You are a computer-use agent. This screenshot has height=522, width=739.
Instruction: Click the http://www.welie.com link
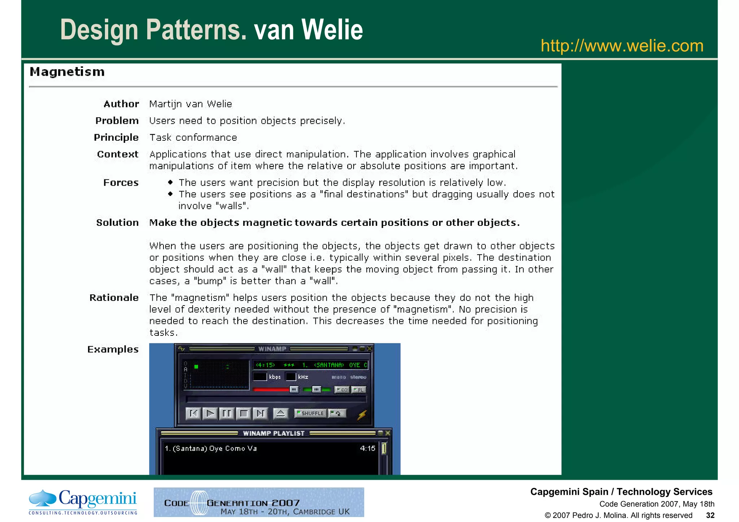622,46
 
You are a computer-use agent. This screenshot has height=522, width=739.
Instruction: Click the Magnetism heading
67,72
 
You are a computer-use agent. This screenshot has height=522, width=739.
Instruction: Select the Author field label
121,104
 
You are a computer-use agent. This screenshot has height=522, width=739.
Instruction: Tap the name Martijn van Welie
191,104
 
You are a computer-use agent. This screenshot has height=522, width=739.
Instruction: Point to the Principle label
116,137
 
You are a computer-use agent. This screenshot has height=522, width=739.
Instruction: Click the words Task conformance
193,137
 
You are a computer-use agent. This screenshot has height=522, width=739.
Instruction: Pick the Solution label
117,223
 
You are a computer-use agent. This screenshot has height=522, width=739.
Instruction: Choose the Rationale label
114,298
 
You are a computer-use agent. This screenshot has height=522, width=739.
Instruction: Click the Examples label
113,349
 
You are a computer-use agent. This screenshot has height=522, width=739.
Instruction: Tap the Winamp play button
210,413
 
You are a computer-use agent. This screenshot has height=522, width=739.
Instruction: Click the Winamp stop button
244,413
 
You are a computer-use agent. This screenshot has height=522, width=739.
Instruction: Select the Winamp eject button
280,413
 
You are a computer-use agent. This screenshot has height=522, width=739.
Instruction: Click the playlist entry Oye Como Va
211,448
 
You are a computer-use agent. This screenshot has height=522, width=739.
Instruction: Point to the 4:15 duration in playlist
367,448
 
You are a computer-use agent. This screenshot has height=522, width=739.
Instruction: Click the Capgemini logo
83,502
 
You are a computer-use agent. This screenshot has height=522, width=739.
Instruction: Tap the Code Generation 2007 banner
259,502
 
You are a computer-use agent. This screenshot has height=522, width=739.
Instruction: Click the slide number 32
710,515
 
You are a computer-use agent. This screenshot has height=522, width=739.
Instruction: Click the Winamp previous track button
193,413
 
